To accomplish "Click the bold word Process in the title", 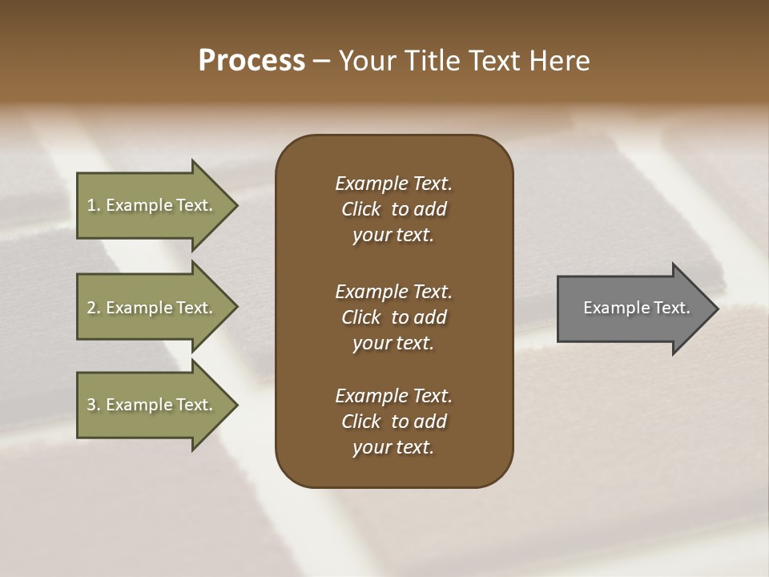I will point(252,61).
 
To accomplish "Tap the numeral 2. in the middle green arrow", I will point(94,308).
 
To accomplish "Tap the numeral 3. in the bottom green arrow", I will point(94,405).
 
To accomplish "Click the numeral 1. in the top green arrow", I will point(94,205).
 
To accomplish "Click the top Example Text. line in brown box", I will point(393,184).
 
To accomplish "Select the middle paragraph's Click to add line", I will point(393,317).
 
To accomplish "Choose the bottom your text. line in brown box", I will point(393,448).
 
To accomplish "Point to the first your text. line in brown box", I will point(393,236).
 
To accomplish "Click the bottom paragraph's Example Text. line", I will point(393,396).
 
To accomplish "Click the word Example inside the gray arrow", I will point(611,308).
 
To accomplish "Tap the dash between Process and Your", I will point(322,61).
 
